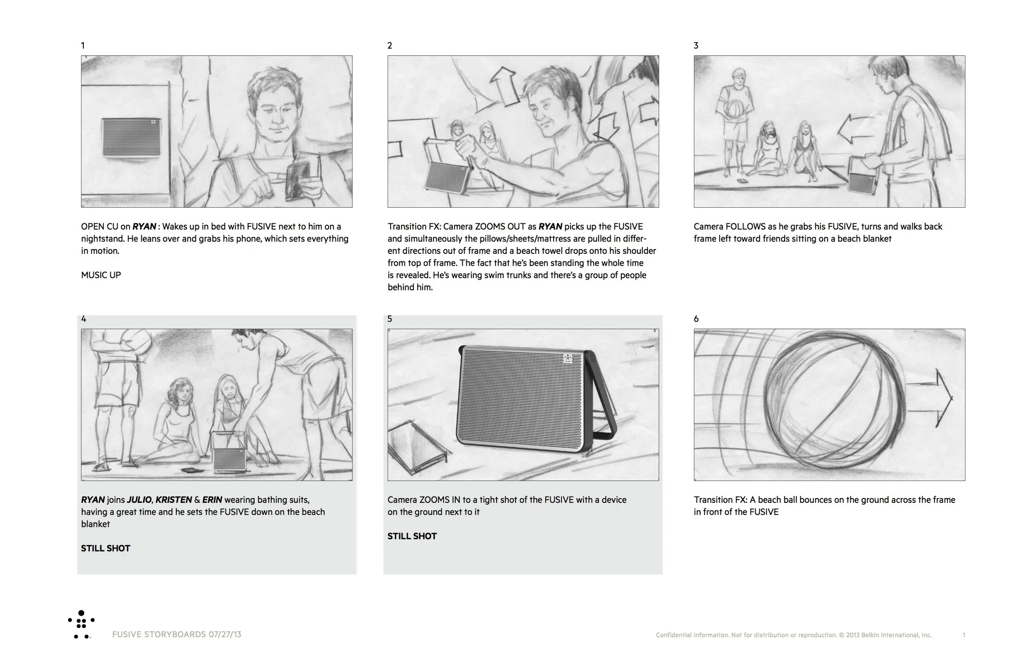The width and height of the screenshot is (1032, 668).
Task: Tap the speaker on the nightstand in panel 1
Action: tap(131, 137)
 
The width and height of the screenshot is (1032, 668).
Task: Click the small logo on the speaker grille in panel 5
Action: tap(568, 358)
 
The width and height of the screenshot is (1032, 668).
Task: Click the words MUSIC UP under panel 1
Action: tap(101, 275)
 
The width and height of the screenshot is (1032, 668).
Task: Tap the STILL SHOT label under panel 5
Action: tap(412, 536)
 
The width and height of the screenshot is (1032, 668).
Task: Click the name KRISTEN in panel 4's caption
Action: tap(173, 500)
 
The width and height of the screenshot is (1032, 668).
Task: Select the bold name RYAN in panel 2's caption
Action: tap(550, 226)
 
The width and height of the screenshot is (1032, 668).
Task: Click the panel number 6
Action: tap(696, 319)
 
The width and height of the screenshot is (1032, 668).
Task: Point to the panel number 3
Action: tap(696, 45)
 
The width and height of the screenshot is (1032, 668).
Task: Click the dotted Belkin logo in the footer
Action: tap(81, 625)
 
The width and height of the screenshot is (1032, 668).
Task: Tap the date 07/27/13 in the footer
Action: tap(225, 634)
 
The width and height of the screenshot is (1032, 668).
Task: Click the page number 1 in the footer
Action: tap(963, 635)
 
